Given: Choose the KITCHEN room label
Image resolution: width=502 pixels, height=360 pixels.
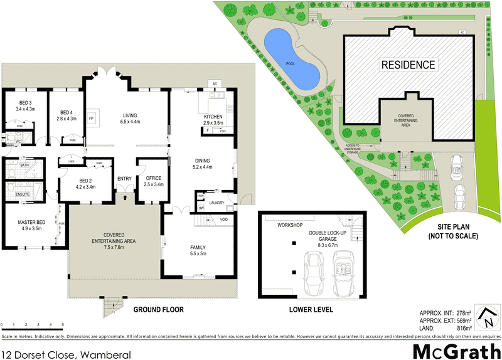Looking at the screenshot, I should pos(214,117).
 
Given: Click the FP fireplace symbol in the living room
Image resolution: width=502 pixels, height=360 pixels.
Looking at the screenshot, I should pos(92,117).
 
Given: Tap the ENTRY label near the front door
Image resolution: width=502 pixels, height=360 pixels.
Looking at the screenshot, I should pos(125,179).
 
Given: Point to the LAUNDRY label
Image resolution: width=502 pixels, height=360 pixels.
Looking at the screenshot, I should pos(217,203).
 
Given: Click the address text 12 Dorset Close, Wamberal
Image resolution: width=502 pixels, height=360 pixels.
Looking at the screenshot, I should pos(67,355).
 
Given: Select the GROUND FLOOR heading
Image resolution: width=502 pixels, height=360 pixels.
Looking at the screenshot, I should pos(158,310).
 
